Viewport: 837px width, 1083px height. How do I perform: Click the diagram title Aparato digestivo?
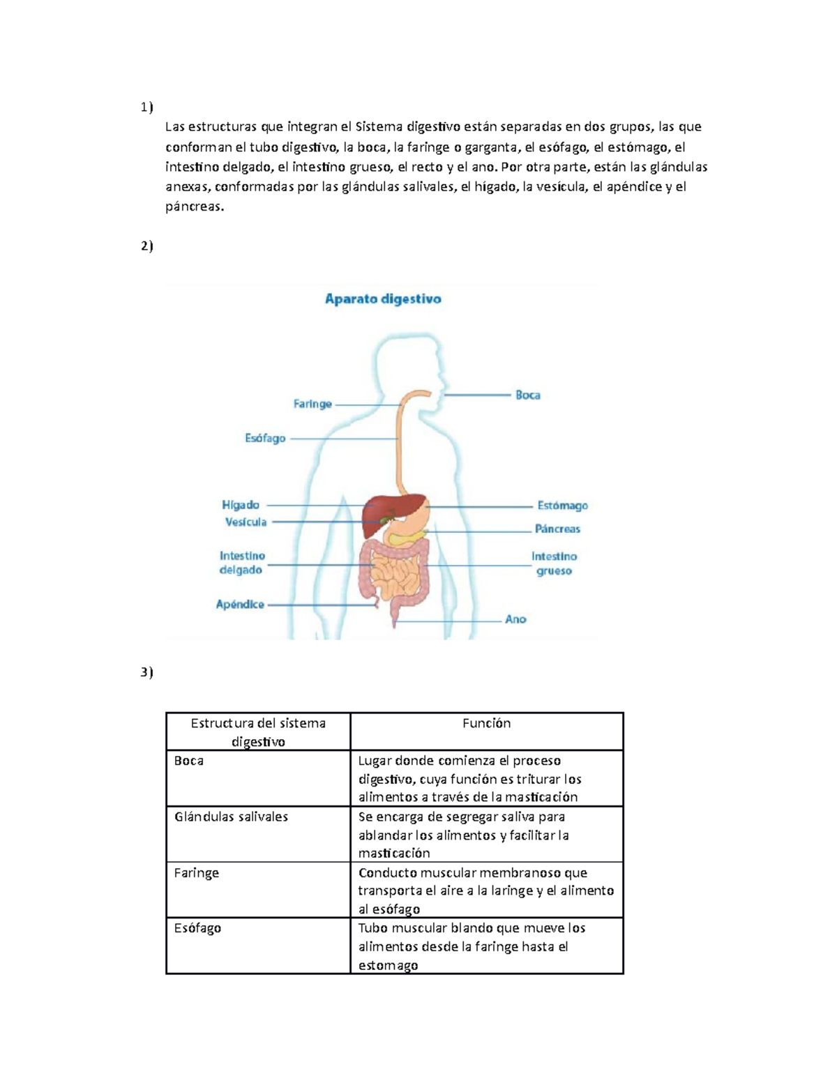(383, 299)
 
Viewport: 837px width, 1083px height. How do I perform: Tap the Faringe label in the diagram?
(312, 404)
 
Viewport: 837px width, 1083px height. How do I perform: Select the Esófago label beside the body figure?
(265, 438)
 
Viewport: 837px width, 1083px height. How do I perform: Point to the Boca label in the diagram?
(527, 395)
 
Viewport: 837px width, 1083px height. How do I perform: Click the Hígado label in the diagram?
(241, 504)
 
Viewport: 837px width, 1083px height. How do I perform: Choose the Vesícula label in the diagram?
(246, 522)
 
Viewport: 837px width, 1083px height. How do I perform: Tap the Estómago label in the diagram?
(562, 506)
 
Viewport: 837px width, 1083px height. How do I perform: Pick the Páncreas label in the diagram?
(557, 529)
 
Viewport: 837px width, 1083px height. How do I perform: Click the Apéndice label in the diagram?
(240, 604)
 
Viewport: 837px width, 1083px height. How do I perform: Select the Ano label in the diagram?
(515, 619)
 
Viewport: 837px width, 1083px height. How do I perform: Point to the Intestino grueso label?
(554, 563)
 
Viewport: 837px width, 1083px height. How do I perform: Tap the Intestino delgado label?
(241, 563)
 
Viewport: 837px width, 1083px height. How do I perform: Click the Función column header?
(486, 724)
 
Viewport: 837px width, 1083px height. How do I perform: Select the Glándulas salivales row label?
(231, 817)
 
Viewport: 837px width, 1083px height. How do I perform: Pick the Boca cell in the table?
(189, 761)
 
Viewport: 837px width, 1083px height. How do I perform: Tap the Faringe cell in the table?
(196, 872)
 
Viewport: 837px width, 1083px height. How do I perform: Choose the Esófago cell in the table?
(197, 928)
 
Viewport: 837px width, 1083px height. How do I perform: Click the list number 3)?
(146, 672)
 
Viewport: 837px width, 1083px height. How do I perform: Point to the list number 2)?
(146, 245)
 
